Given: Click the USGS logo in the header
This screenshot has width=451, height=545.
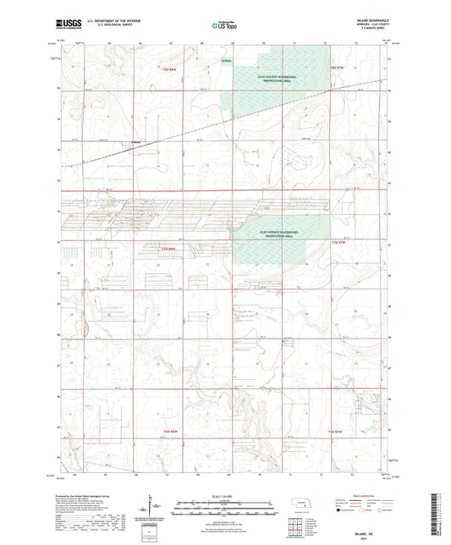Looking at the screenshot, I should click(x=58, y=26).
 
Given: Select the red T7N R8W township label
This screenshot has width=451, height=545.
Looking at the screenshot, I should click(x=173, y=249).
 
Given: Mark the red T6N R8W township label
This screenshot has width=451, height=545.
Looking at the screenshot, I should click(x=172, y=432).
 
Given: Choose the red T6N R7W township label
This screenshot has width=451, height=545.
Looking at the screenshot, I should click(x=338, y=432).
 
